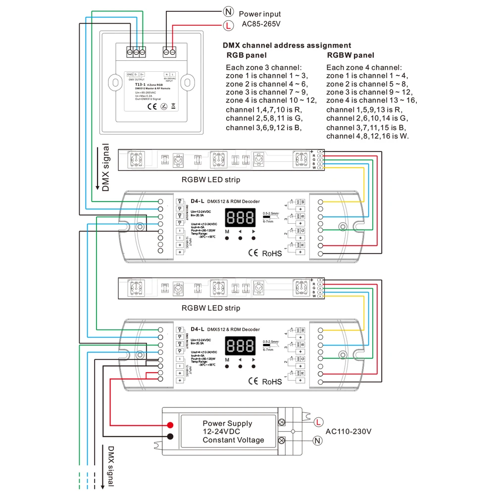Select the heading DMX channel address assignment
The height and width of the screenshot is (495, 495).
287,45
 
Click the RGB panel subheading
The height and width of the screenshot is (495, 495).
246,55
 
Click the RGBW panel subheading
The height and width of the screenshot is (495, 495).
350,55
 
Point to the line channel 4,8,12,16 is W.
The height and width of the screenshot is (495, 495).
368,136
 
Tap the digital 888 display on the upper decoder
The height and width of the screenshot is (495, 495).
240,216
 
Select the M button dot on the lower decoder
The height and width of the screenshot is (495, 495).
227,367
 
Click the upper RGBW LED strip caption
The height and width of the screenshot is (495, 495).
211,180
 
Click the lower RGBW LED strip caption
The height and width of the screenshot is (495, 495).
211,308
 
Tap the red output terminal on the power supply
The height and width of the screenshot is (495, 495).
170,425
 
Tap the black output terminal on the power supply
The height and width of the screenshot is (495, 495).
170,436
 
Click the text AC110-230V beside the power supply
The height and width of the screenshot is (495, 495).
348,431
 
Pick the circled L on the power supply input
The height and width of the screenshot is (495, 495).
318,421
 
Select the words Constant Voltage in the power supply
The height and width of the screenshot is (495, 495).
234,440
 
